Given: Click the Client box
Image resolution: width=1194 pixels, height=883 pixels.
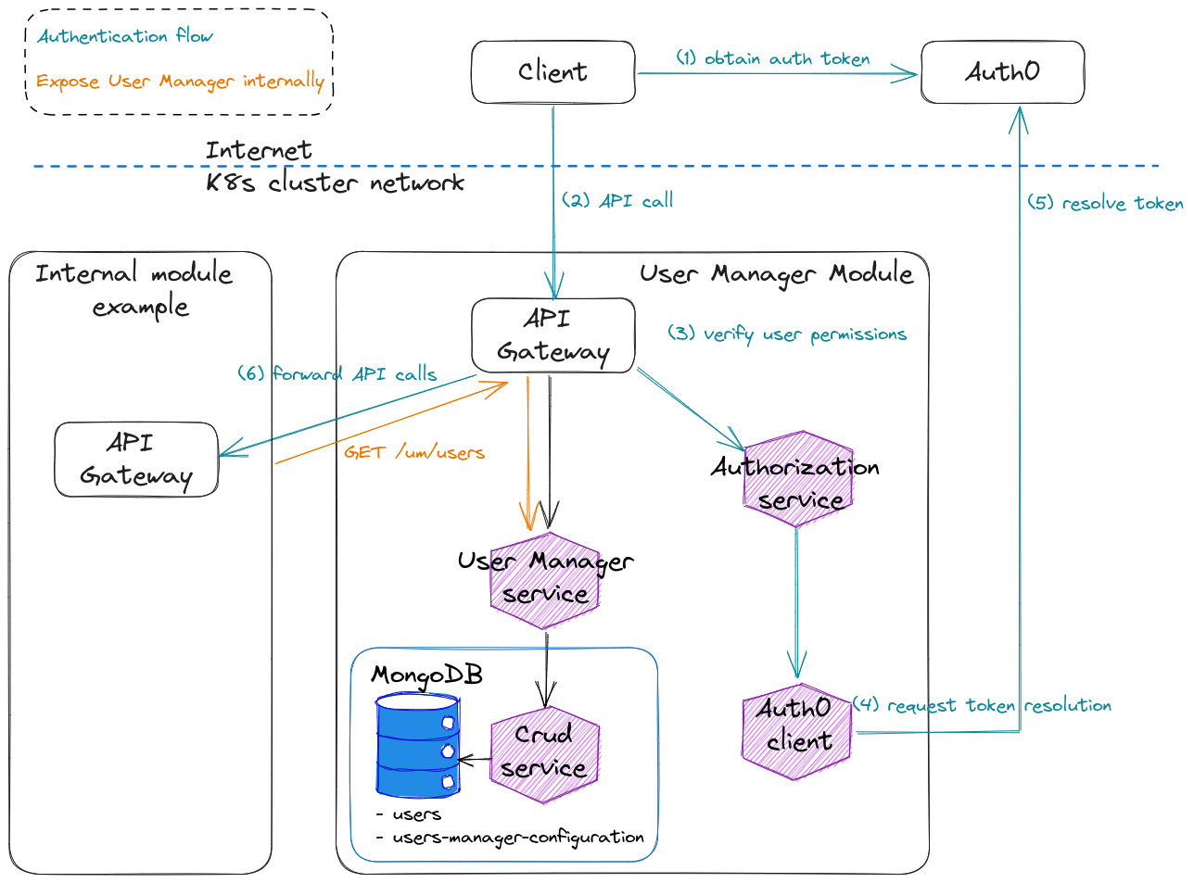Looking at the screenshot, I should (553, 72).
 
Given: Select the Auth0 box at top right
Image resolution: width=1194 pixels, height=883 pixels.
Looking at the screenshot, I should (1002, 72).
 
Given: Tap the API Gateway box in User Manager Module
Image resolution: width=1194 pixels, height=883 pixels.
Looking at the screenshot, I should (553, 335).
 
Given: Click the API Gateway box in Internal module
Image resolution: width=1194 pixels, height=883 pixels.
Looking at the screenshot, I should (136, 460).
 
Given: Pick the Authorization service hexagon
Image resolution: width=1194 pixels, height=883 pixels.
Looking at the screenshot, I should (797, 480).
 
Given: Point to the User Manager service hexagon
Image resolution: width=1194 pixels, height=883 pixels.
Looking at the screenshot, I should (545, 579).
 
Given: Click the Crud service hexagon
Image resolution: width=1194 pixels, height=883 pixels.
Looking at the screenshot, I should (544, 753).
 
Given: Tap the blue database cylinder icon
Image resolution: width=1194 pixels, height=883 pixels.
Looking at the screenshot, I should (418, 746).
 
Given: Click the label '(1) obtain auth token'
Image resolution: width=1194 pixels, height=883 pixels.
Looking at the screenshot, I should (772, 58).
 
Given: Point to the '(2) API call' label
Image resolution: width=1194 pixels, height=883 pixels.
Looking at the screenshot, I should (617, 200).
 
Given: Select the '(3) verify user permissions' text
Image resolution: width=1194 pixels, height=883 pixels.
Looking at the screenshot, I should (786, 334).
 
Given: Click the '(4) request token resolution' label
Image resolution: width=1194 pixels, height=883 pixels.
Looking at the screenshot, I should (982, 705).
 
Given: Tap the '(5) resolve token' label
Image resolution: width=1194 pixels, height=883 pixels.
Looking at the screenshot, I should (1105, 203).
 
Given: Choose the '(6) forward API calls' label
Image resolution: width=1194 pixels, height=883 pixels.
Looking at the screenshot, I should (337, 373).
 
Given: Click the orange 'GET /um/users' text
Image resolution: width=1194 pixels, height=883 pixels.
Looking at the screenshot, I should (414, 452).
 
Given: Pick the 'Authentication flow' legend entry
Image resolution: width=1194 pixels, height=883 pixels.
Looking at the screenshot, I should (125, 36).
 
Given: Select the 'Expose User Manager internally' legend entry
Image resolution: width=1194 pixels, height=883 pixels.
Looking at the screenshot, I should (180, 82).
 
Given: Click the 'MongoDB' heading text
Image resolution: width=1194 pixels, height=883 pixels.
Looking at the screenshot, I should (426, 675).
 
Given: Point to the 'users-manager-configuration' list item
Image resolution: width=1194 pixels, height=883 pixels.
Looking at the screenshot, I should (517, 838).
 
